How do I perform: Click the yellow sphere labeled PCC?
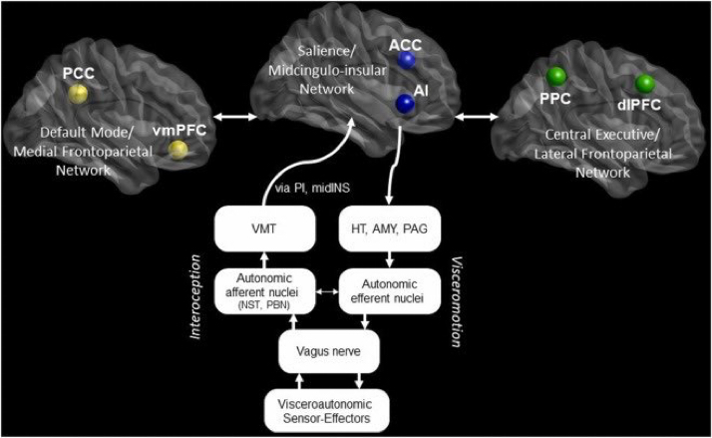click(78, 94)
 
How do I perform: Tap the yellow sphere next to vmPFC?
click(178, 151)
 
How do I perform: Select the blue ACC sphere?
click(406, 61)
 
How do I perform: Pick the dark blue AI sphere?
click(405, 104)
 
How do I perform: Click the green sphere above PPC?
click(557, 75)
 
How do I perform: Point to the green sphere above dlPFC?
click(645, 83)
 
